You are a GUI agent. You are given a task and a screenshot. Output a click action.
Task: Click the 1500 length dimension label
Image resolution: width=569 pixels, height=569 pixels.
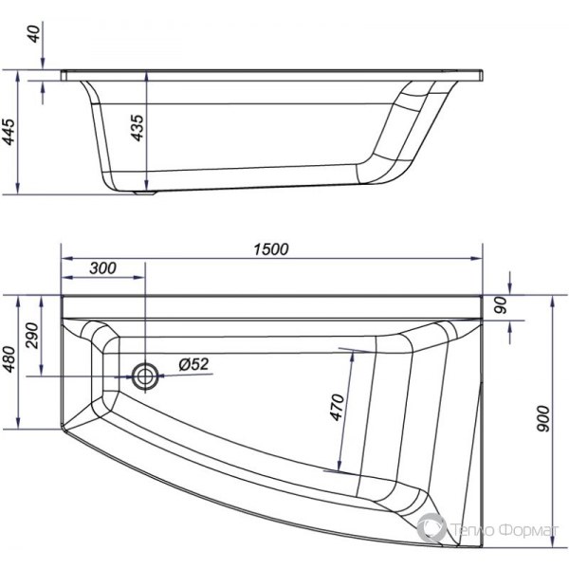[269, 248]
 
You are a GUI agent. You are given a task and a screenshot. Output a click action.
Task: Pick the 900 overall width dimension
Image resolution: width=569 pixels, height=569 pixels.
[542, 428]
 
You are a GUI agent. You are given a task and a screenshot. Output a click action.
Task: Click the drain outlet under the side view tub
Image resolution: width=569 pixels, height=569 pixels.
[143, 193]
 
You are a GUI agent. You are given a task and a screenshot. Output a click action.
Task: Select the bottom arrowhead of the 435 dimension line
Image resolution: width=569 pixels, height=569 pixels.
[147, 184]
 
